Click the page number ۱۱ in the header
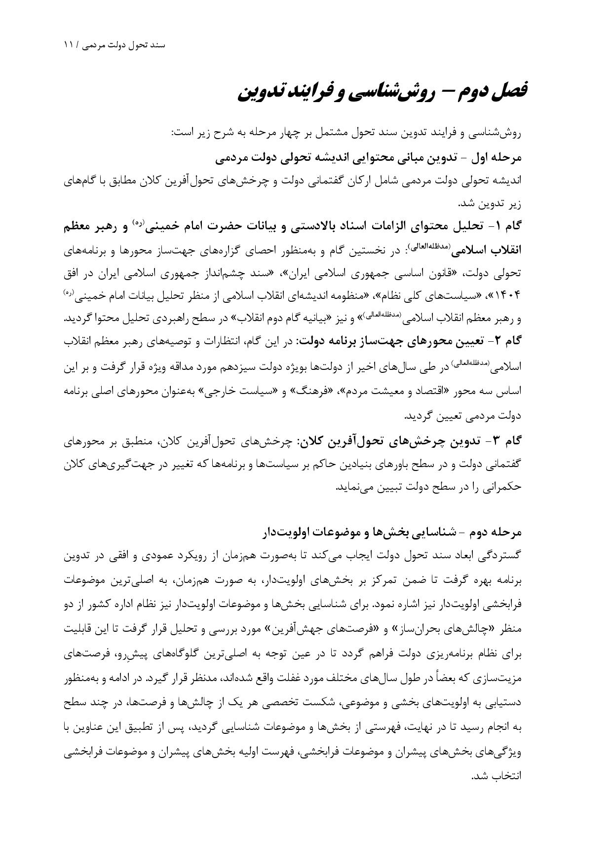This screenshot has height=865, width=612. [x=69, y=45]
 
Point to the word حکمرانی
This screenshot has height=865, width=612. [x=502, y=487]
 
